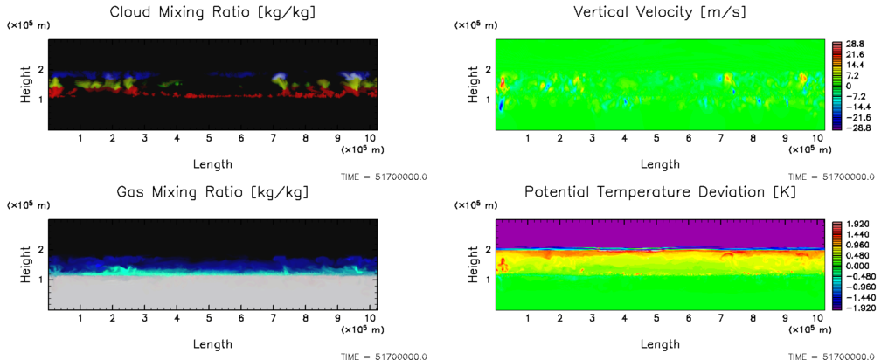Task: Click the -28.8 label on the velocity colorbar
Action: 852,128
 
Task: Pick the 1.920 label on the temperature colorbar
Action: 855,224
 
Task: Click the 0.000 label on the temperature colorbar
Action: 855,266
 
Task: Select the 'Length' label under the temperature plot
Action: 661,343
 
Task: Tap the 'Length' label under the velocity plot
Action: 661,163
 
